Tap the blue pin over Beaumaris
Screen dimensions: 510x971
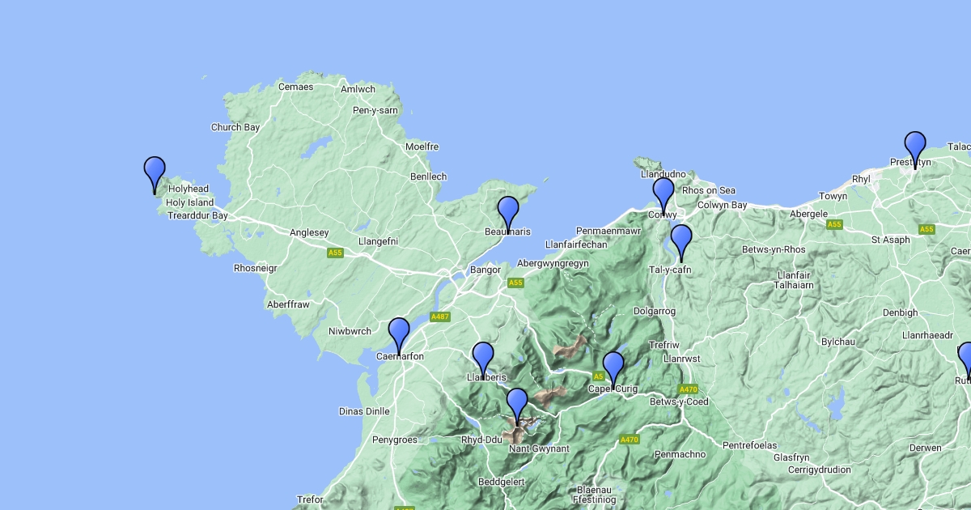(x=508, y=210)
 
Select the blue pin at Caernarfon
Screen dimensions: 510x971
(x=399, y=333)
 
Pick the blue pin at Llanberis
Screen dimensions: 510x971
(x=483, y=357)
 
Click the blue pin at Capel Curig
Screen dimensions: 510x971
(x=613, y=367)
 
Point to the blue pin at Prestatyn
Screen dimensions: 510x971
(x=915, y=147)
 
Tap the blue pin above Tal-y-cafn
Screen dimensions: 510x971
(x=681, y=240)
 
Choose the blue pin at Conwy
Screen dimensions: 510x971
(x=664, y=193)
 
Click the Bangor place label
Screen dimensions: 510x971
(x=485, y=270)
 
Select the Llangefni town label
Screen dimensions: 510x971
(x=379, y=241)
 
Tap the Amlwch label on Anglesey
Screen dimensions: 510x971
(x=358, y=90)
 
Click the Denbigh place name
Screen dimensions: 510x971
(x=901, y=312)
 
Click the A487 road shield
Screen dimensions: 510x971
(x=440, y=317)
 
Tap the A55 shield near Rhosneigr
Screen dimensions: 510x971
(x=336, y=253)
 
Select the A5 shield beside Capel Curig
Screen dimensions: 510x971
(x=599, y=376)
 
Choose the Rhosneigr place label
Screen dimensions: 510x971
(x=255, y=268)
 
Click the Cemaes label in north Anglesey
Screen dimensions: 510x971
(x=295, y=87)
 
